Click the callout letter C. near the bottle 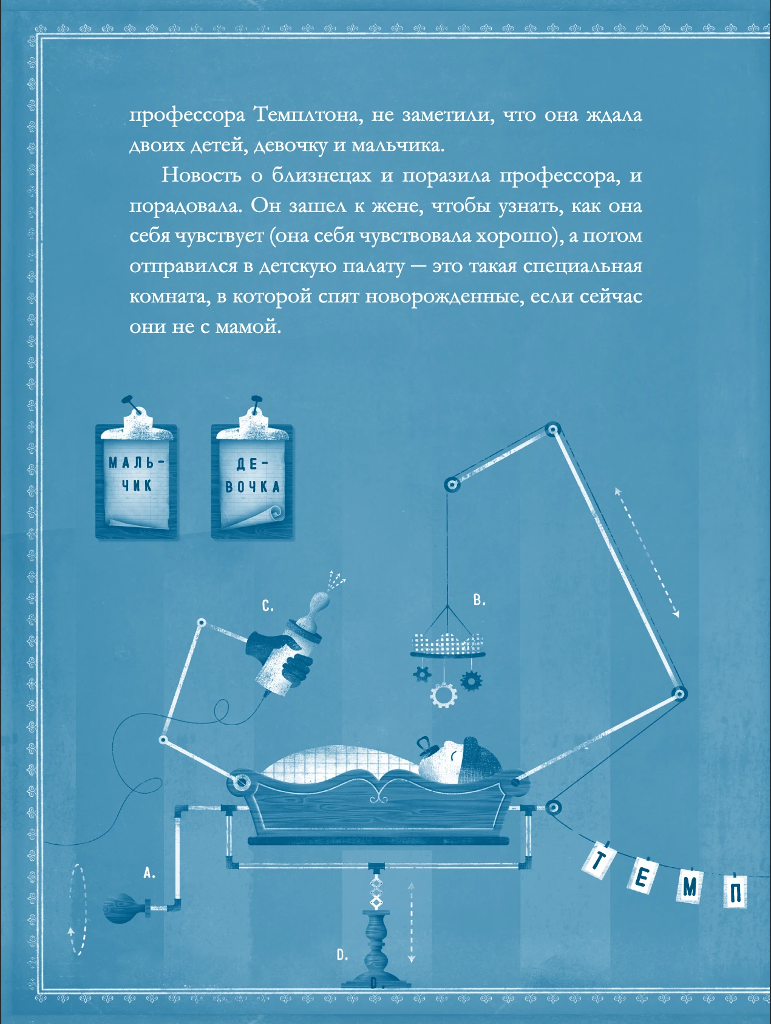pos(268,606)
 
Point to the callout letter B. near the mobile pos(480,600)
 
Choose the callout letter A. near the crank pos(149,873)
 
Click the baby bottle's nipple pos(320,604)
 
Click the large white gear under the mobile pos(444,695)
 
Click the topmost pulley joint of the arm pos(552,431)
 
